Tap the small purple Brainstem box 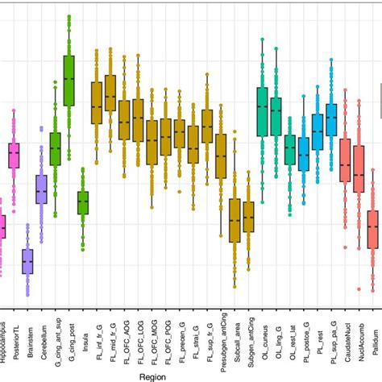(x=27, y=262)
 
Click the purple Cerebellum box (x=41, y=189)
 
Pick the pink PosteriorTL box (x=14, y=155)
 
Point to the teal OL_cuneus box (x=262, y=110)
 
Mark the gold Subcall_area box (x=235, y=220)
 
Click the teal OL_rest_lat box (x=289, y=149)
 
